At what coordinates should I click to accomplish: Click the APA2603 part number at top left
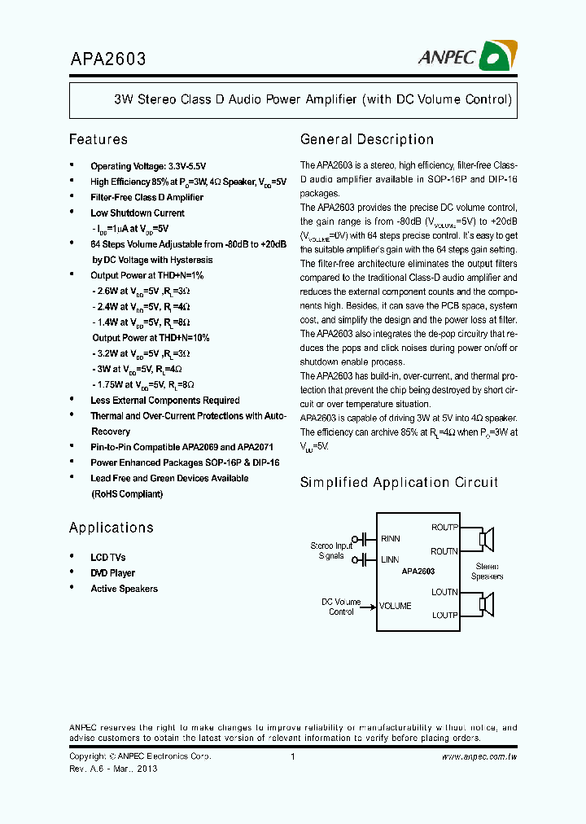pyautogui.click(x=107, y=59)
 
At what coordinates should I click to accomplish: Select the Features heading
pyautogui.click(x=98, y=139)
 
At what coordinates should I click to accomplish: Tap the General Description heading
pyautogui.click(x=366, y=139)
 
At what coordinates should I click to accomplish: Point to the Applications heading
pyautogui.click(x=111, y=528)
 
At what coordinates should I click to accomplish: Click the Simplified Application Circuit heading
pyautogui.click(x=399, y=482)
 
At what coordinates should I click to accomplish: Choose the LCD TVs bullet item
pyautogui.click(x=107, y=558)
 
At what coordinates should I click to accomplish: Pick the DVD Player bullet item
pyautogui.click(x=112, y=573)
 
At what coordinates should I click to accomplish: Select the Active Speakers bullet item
pyautogui.click(x=124, y=589)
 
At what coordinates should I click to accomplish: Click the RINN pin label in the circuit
pyautogui.click(x=391, y=539)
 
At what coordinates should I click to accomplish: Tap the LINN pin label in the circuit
pyautogui.click(x=391, y=559)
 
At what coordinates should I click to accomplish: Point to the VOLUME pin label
pyautogui.click(x=396, y=606)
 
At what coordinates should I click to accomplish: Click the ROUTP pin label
pyautogui.click(x=444, y=528)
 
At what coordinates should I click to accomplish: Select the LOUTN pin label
pyautogui.click(x=444, y=592)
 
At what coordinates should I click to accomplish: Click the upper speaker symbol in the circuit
pyautogui.click(x=486, y=539)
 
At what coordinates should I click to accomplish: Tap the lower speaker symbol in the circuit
pyautogui.click(x=486, y=603)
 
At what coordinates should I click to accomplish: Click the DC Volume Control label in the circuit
pyautogui.click(x=340, y=607)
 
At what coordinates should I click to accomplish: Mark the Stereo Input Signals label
pyautogui.click(x=331, y=550)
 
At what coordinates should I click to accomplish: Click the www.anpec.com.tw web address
pyautogui.click(x=479, y=756)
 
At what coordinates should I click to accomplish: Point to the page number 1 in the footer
pyautogui.click(x=292, y=756)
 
